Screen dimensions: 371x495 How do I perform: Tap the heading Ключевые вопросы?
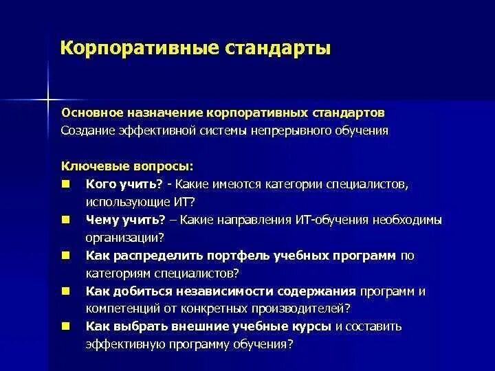coord(127,166)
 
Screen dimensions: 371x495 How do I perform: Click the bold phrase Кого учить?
coord(124,184)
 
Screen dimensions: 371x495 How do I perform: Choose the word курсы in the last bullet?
coord(308,326)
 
